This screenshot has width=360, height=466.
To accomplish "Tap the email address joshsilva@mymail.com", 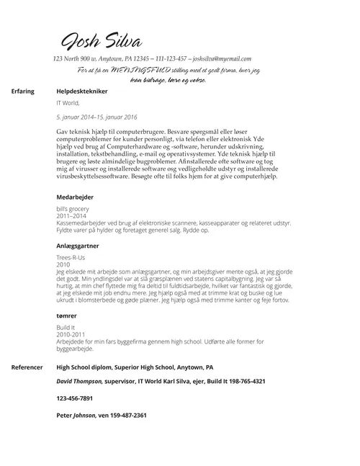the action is [220, 59].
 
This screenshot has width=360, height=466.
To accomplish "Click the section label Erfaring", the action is [23, 94].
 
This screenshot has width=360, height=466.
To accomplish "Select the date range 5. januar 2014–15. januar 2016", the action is [96, 117].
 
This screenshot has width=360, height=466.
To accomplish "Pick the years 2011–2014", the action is [71, 216].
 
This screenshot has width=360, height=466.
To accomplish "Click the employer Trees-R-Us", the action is [71, 257].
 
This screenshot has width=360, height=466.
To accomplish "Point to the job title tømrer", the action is [67, 316].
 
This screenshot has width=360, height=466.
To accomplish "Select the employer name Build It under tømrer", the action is [66, 328].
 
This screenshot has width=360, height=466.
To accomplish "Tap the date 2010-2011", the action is [71, 335].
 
